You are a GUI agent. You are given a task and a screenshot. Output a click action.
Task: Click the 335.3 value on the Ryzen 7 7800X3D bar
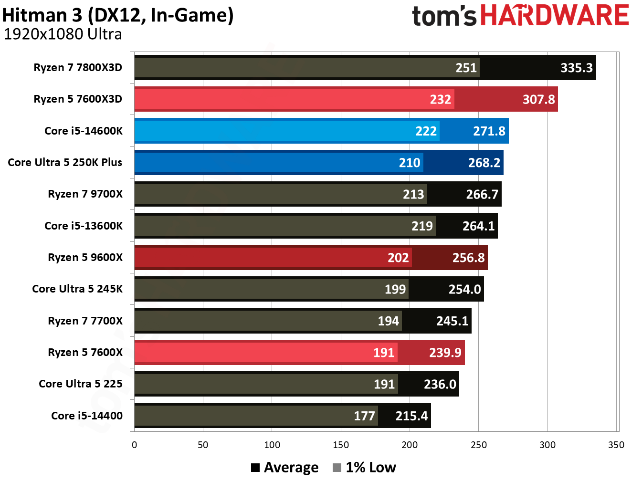coord(576,68)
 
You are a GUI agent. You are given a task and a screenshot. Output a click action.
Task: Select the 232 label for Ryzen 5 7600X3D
coord(440,99)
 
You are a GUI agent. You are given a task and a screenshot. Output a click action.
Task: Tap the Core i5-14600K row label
coord(83,131)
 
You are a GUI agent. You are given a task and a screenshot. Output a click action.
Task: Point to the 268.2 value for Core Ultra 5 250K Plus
coord(484,163)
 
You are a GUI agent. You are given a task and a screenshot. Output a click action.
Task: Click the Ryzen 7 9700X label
coord(85,194)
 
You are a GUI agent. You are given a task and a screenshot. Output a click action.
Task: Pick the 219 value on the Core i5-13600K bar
coord(422,226)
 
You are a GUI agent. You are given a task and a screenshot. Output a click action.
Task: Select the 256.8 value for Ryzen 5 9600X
coord(468,258)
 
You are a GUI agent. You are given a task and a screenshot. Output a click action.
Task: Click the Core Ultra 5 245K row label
coord(77,289)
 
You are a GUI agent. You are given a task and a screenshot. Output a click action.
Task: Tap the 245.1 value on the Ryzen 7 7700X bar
coord(452,321)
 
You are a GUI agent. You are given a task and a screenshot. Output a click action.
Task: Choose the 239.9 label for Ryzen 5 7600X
coord(445,353)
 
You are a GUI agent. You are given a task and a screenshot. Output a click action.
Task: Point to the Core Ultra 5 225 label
coord(80,384)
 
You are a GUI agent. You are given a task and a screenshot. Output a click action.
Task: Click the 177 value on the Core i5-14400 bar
coord(364,416)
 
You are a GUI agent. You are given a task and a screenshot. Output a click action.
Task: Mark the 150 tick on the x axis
coord(341,445)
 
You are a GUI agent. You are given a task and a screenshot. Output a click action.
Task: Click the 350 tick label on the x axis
coord(616,445)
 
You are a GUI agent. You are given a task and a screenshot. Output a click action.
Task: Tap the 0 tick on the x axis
coord(134,445)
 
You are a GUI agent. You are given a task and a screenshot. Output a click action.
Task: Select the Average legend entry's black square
coord(255,468)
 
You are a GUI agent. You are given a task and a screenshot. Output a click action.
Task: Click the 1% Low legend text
coord(370,468)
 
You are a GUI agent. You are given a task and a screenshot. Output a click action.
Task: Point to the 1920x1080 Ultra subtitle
coord(63,34)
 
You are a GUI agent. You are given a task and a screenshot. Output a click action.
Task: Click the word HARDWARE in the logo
coord(554,15)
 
